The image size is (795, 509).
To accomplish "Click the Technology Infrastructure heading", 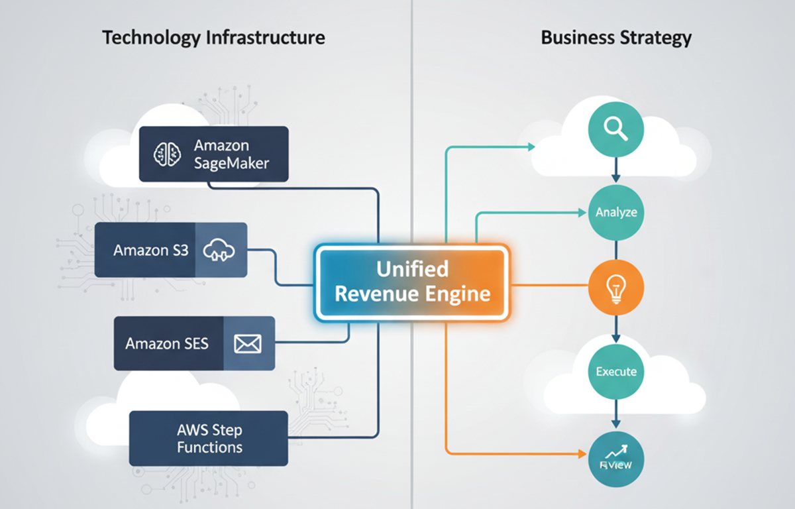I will click(x=213, y=37).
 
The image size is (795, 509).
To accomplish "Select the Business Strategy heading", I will click(x=616, y=37).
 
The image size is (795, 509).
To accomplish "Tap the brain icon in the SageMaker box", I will click(x=166, y=154).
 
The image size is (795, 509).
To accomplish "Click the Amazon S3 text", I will click(x=151, y=251).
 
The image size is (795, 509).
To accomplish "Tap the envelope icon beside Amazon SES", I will click(x=248, y=343).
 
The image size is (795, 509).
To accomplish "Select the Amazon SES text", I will click(x=167, y=343).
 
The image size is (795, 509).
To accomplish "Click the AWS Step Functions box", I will click(x=209, y=438).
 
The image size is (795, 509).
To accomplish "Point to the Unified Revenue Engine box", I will click(x=412, y=282).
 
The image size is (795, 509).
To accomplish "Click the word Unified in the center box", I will click(x=412, y=269).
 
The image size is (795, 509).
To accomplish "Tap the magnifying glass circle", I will click(x=616, y=129).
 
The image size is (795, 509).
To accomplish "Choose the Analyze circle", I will click(x=616, y=213).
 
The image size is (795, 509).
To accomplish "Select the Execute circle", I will click(x=616, y=371).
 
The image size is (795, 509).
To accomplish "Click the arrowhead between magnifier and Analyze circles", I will click(x=616, y=178).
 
